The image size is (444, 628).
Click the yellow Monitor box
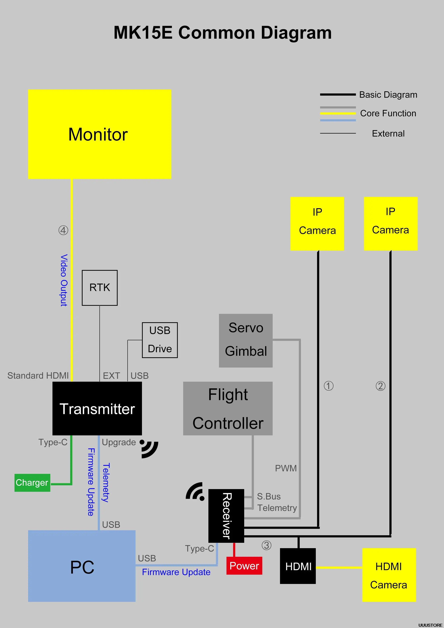tap(100, 134)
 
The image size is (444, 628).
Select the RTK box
tap(100, 288)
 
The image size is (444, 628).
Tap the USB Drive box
tap(160, 340)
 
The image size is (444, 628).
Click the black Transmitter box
tap(97, 408)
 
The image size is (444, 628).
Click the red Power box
tap(244, 566)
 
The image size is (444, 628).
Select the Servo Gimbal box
tap(246, 340)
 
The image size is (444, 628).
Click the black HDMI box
tap(298, 566)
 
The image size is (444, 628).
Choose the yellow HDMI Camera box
tap(389, 575)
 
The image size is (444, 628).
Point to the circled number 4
tap(63, 230)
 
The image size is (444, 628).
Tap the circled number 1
tap(329, 386)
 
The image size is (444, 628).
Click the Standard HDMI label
tap(38, 376)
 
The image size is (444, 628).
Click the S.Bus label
tap(269, 496)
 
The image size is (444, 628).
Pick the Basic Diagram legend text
tap(388, 95)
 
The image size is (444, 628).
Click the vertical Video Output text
tap(64, 280)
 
